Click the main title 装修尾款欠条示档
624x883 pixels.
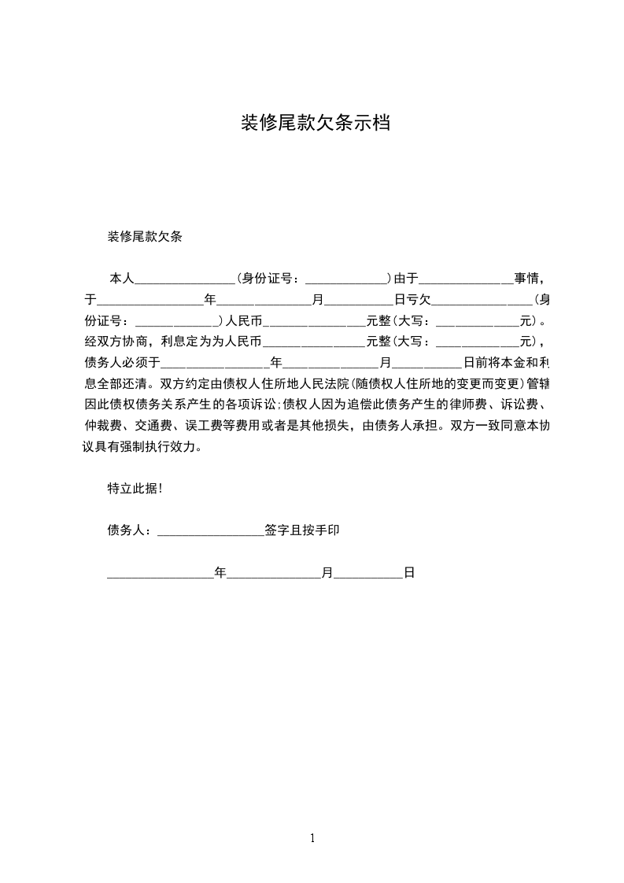(315, 124)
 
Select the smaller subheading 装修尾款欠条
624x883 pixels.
(145, 236)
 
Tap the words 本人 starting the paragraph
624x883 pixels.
(122, 278)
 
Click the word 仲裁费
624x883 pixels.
(102, 427)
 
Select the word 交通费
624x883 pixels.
(153, 427)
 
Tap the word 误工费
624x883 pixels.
(203, 427)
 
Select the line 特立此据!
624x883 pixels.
(135, 489)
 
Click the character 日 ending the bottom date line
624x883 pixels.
(409, 574)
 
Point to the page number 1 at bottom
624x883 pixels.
(312, 838)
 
